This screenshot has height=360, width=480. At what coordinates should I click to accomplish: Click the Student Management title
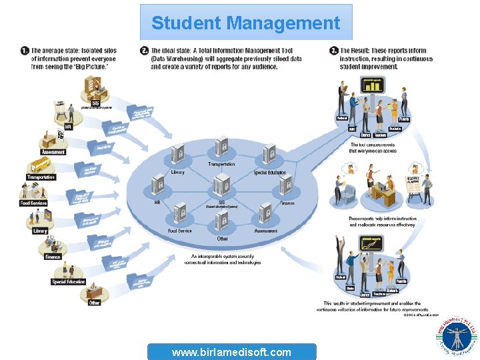tap(245, 23)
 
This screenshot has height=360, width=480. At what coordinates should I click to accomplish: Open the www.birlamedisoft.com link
tap(231, 352)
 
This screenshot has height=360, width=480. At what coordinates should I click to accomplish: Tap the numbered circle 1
tap(25, 51)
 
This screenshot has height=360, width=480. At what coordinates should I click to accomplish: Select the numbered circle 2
tap(145, 51)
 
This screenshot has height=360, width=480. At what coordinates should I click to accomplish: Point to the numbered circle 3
tap(334, 51)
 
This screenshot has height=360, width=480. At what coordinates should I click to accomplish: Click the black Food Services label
tap(33, 203)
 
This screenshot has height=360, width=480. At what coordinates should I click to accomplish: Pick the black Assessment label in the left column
tap(53, 152)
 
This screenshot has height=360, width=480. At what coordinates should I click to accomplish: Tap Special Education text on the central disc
tap(269, 173)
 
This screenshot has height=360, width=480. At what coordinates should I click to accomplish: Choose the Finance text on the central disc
tap(287, 203)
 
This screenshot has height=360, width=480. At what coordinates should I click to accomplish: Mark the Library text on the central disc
tap(177, 172)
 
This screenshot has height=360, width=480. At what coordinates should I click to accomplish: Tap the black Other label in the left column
tap(94, 302)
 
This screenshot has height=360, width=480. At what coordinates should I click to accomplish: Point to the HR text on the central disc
tap(158, 203)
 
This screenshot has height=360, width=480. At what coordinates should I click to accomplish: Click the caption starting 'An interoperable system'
tap(226, 259)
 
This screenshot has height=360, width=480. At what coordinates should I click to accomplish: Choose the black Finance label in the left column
tap(53, 257)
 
